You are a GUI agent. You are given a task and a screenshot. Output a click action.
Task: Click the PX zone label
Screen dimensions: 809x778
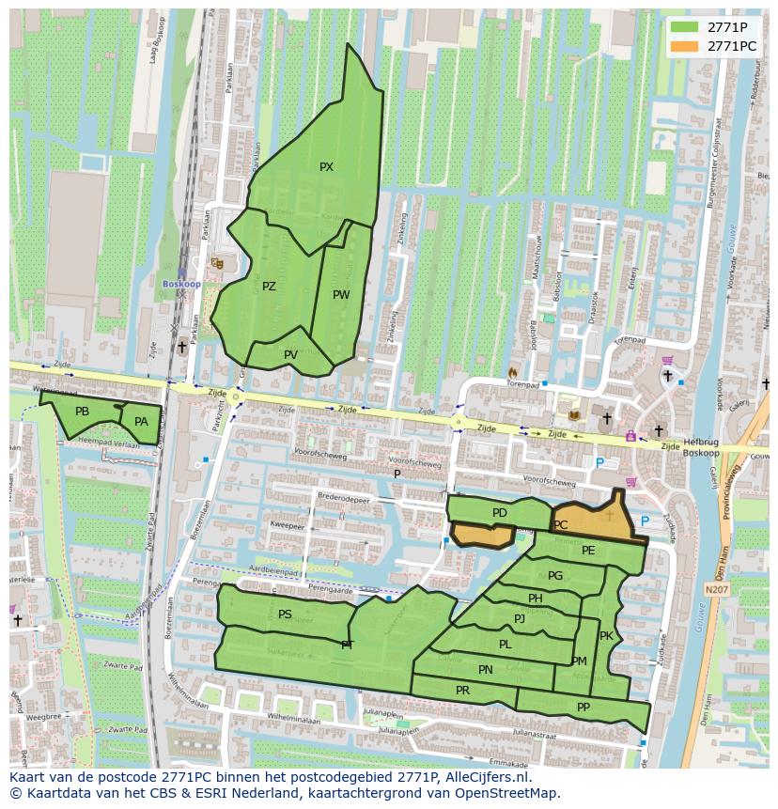point(326,167)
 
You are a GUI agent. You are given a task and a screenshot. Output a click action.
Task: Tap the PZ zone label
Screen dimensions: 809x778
point(269,287)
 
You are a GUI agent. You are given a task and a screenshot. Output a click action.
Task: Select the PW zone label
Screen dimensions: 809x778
point(341,295)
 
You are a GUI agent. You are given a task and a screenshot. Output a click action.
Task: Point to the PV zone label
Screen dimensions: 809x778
point(290,354)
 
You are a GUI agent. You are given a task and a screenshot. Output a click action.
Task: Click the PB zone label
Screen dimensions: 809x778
point(82,412)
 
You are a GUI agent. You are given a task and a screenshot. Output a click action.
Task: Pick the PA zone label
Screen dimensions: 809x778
point(141,422)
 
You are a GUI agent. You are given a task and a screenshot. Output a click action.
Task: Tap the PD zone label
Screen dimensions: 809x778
point(499,513)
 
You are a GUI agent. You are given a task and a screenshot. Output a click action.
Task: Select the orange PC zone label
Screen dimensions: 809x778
point(561,525)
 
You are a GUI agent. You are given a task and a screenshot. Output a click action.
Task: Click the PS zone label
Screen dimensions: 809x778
point(285,615)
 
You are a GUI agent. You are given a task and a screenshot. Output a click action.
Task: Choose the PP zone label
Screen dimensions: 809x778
point(583,708)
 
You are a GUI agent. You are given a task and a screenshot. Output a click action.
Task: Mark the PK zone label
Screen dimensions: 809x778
point(606,636)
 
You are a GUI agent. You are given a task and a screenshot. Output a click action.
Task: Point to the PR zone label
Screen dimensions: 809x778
point(462,690)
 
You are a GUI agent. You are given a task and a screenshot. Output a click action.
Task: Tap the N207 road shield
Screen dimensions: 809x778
point(716,589)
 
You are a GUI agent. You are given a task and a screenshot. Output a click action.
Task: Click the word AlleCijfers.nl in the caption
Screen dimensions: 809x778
point(491,777)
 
